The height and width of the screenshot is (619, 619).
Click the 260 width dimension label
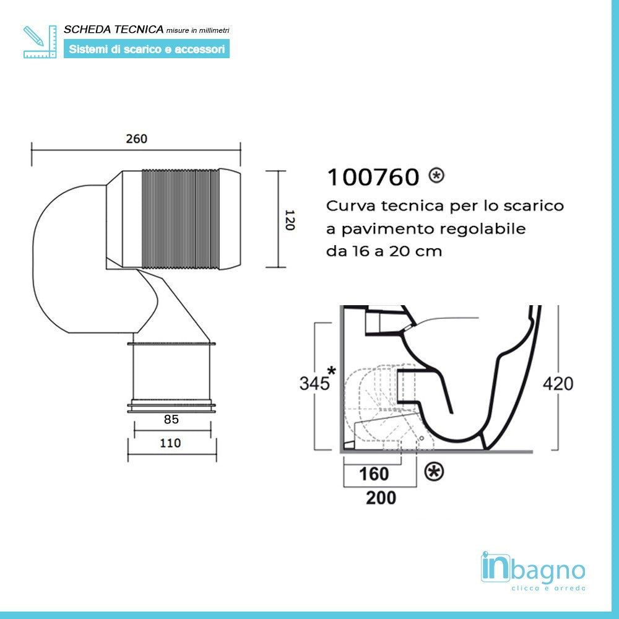pos(136,139)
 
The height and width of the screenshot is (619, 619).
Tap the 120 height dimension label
pos(288,219)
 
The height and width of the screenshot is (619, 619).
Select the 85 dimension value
pos(171,419)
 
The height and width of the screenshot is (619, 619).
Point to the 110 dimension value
pos(170,443)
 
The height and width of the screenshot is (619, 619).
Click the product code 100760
pos(373,178)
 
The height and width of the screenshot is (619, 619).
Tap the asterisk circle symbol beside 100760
pos(436,176)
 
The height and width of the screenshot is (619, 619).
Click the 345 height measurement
pos(314,383)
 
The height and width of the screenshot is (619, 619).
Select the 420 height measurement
pos(558,383)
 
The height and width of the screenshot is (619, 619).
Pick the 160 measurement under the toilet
pos(374,474)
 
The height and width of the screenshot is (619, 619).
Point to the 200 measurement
pos(381,497)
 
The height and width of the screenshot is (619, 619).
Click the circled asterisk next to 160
pos(434,472)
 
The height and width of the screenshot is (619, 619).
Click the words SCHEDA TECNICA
pos(114,29)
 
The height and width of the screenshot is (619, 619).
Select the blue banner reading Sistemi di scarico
pos(147,49)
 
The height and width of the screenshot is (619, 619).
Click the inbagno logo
pos(532,568)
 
